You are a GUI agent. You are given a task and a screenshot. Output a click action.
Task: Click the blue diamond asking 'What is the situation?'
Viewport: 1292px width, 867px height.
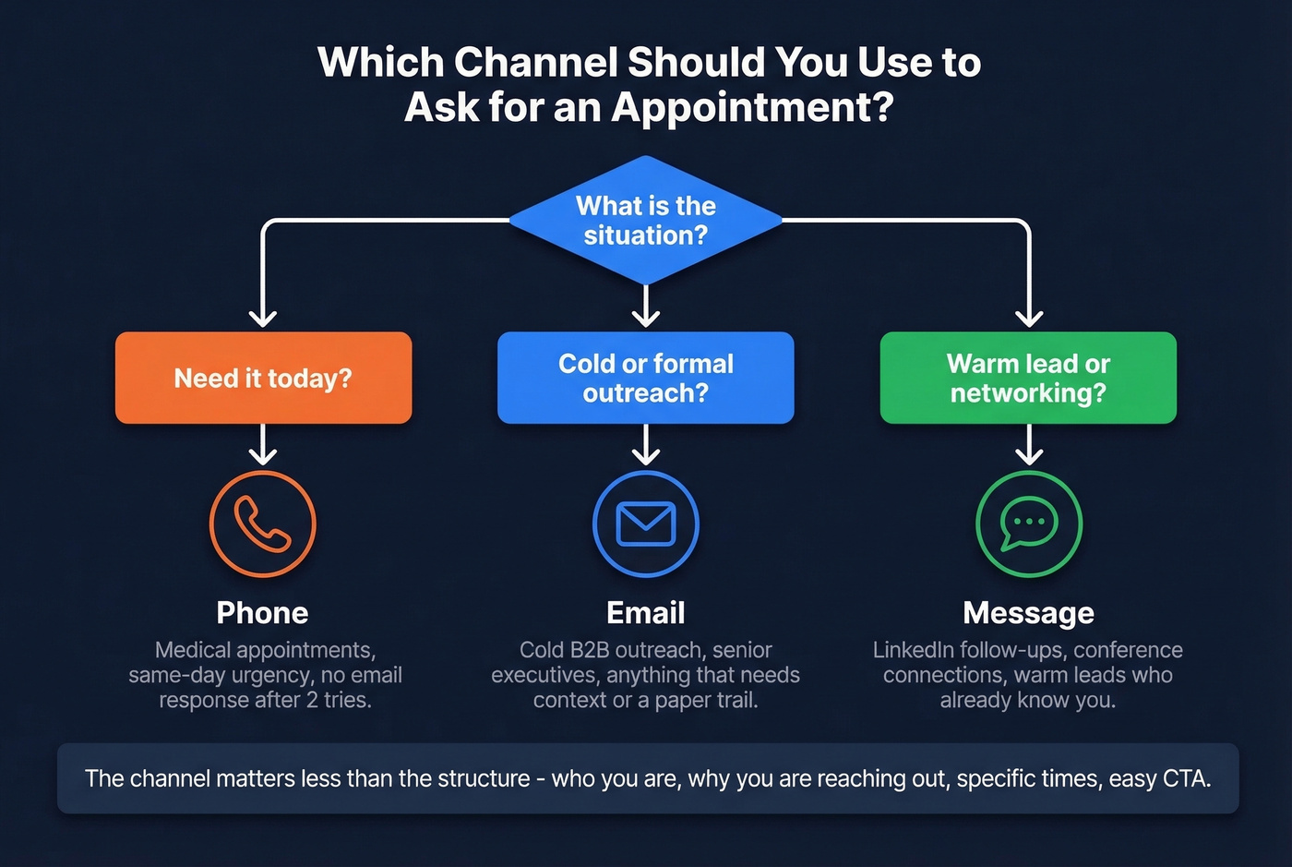click(x=646, y=220)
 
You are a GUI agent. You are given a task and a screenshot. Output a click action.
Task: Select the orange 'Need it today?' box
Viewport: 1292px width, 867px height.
click(x=263, y=378)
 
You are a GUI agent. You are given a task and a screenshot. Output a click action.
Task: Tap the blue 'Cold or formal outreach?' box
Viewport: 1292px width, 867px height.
click(x=646, y=378)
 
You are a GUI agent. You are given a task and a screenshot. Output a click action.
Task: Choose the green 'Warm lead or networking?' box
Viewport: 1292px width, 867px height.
click(x=1028, y=378)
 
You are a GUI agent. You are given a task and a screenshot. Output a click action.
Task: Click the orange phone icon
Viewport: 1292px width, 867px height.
click(x=263, y=524)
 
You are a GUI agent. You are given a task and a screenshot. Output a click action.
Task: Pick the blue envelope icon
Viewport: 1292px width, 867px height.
click(x=646, y=524)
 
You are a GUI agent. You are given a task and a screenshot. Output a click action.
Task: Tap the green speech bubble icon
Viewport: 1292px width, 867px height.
click(x=1029, y=524)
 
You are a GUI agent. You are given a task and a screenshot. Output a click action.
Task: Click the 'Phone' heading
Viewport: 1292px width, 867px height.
click(x=263, y=613)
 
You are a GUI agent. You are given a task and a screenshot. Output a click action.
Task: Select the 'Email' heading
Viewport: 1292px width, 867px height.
click(x=646, y=613)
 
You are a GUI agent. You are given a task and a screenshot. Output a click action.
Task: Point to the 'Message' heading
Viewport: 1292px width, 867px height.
click(x=1028, y=613)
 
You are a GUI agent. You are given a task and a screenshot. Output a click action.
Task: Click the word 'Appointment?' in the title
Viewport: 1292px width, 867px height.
click(x=752, y=107)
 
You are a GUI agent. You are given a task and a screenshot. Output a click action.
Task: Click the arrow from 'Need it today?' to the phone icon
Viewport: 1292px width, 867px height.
click(x=263, y=444)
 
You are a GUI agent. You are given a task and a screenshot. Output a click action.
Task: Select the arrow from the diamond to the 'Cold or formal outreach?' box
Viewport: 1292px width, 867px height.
click(x=646, y=306)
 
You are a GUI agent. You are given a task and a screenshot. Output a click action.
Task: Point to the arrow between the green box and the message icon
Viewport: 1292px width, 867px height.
click(x=1029, y=444)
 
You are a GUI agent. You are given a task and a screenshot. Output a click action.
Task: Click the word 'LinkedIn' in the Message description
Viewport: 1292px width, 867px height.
click(x=914, y=650)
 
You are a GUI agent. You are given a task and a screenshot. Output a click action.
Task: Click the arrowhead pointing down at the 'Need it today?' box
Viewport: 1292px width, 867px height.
click(x=263, y=318)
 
